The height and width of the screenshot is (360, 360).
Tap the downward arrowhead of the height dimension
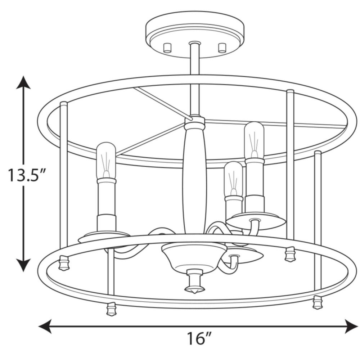pyautogui.click(x=23, y=265)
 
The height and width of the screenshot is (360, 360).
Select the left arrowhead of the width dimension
pyautogui.click(x=45, y=326)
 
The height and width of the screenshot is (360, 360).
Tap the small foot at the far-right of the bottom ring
pyautogui.click(x=318, y=302)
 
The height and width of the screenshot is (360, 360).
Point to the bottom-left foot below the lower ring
pyautogui.click(x=111, y=309)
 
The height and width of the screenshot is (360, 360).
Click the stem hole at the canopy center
pyautogui.click(x=195, y=43)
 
